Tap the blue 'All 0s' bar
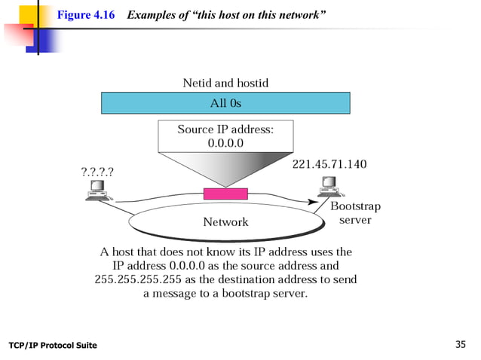pos(225,102)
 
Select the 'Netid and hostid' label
pos(225,82)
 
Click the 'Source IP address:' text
pos(225,130)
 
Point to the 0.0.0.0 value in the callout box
pos(225,143)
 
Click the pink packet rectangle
pos(225,194)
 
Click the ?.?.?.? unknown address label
pos(97,171)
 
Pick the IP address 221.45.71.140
pos(329,163)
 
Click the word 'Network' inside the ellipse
pos(225,221)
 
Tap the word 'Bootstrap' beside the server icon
pos(356,206)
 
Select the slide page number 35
pos(461,345)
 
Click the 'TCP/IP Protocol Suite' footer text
pos(53,346)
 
